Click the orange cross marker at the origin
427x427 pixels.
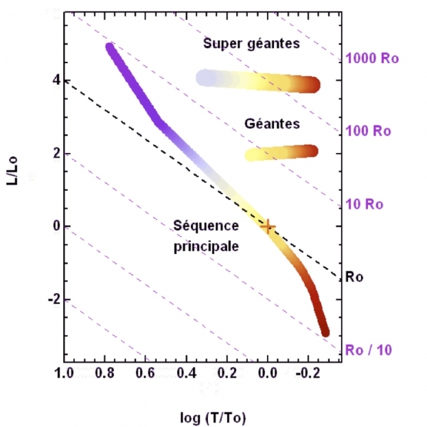pos(268,227)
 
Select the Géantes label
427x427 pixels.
pos(272,124)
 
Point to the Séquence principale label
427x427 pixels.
pos(207,235)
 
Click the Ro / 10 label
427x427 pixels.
pos(369,350)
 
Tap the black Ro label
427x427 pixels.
pos(354,277)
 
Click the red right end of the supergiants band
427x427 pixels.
pos(313,85)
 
